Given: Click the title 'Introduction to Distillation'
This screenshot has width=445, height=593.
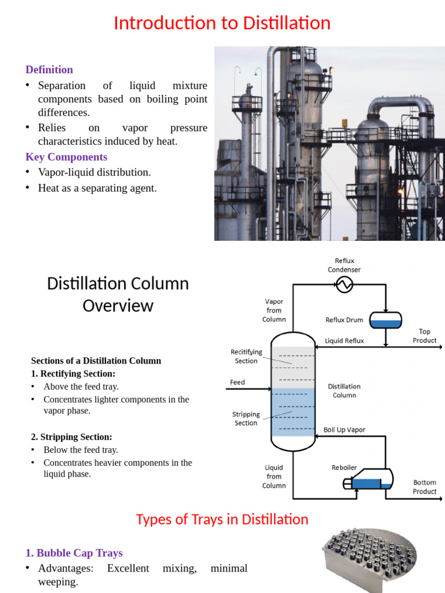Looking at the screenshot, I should point(222,23).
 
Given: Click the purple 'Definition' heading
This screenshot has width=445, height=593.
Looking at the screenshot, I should point(49,69).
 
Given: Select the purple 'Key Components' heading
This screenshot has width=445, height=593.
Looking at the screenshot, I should point(66,157).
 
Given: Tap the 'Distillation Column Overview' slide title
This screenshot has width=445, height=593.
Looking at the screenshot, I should point(118,294).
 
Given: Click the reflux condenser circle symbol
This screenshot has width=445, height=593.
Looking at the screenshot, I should point(345,284).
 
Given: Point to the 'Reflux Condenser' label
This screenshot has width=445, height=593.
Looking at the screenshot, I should point(344,265).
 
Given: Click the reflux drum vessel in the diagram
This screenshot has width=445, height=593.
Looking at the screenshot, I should point(385,320).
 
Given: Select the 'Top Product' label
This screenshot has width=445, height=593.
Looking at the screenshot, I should point(425,336).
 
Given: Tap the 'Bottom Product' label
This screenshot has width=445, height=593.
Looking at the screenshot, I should point(425,486).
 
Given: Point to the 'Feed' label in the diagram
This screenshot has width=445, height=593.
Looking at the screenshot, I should point(238,382).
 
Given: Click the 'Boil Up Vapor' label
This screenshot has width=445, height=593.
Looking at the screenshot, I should point(344,430).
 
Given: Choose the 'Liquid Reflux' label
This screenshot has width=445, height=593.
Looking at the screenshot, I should point(344,341).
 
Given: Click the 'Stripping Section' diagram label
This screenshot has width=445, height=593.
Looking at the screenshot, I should point(246,419).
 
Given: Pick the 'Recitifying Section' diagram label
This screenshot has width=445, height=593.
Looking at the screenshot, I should point(246,356).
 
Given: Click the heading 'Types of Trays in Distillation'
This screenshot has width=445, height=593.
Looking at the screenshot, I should point(222,519).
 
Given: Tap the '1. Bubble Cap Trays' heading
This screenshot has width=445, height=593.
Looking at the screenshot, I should point(74,553).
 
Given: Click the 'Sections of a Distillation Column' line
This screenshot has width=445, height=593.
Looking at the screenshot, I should point(96,360).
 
